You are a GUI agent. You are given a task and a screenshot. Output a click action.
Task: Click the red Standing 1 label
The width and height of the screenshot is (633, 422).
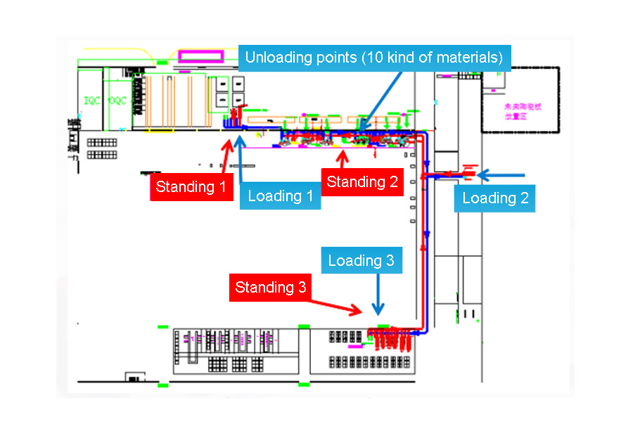click(x=191, y=187)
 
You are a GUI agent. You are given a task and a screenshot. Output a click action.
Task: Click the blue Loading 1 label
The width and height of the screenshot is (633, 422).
click(x=280, y=196)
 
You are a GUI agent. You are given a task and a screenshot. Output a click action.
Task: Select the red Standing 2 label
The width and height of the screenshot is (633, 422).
click(x=362, y=182)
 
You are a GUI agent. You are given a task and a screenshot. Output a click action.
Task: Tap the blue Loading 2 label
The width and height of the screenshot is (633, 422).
click(x=494, y=198)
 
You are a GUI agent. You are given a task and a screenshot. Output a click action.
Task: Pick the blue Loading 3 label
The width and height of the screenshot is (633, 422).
click(x=361, y=261)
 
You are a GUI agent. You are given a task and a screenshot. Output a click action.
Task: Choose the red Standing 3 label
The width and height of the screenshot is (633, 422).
click(x=270, y=288)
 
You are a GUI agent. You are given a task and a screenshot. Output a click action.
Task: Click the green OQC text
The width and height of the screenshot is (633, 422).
click(x=117, y=101)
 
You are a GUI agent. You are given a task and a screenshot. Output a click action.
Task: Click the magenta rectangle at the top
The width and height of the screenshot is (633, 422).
click(x=200, y=56)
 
